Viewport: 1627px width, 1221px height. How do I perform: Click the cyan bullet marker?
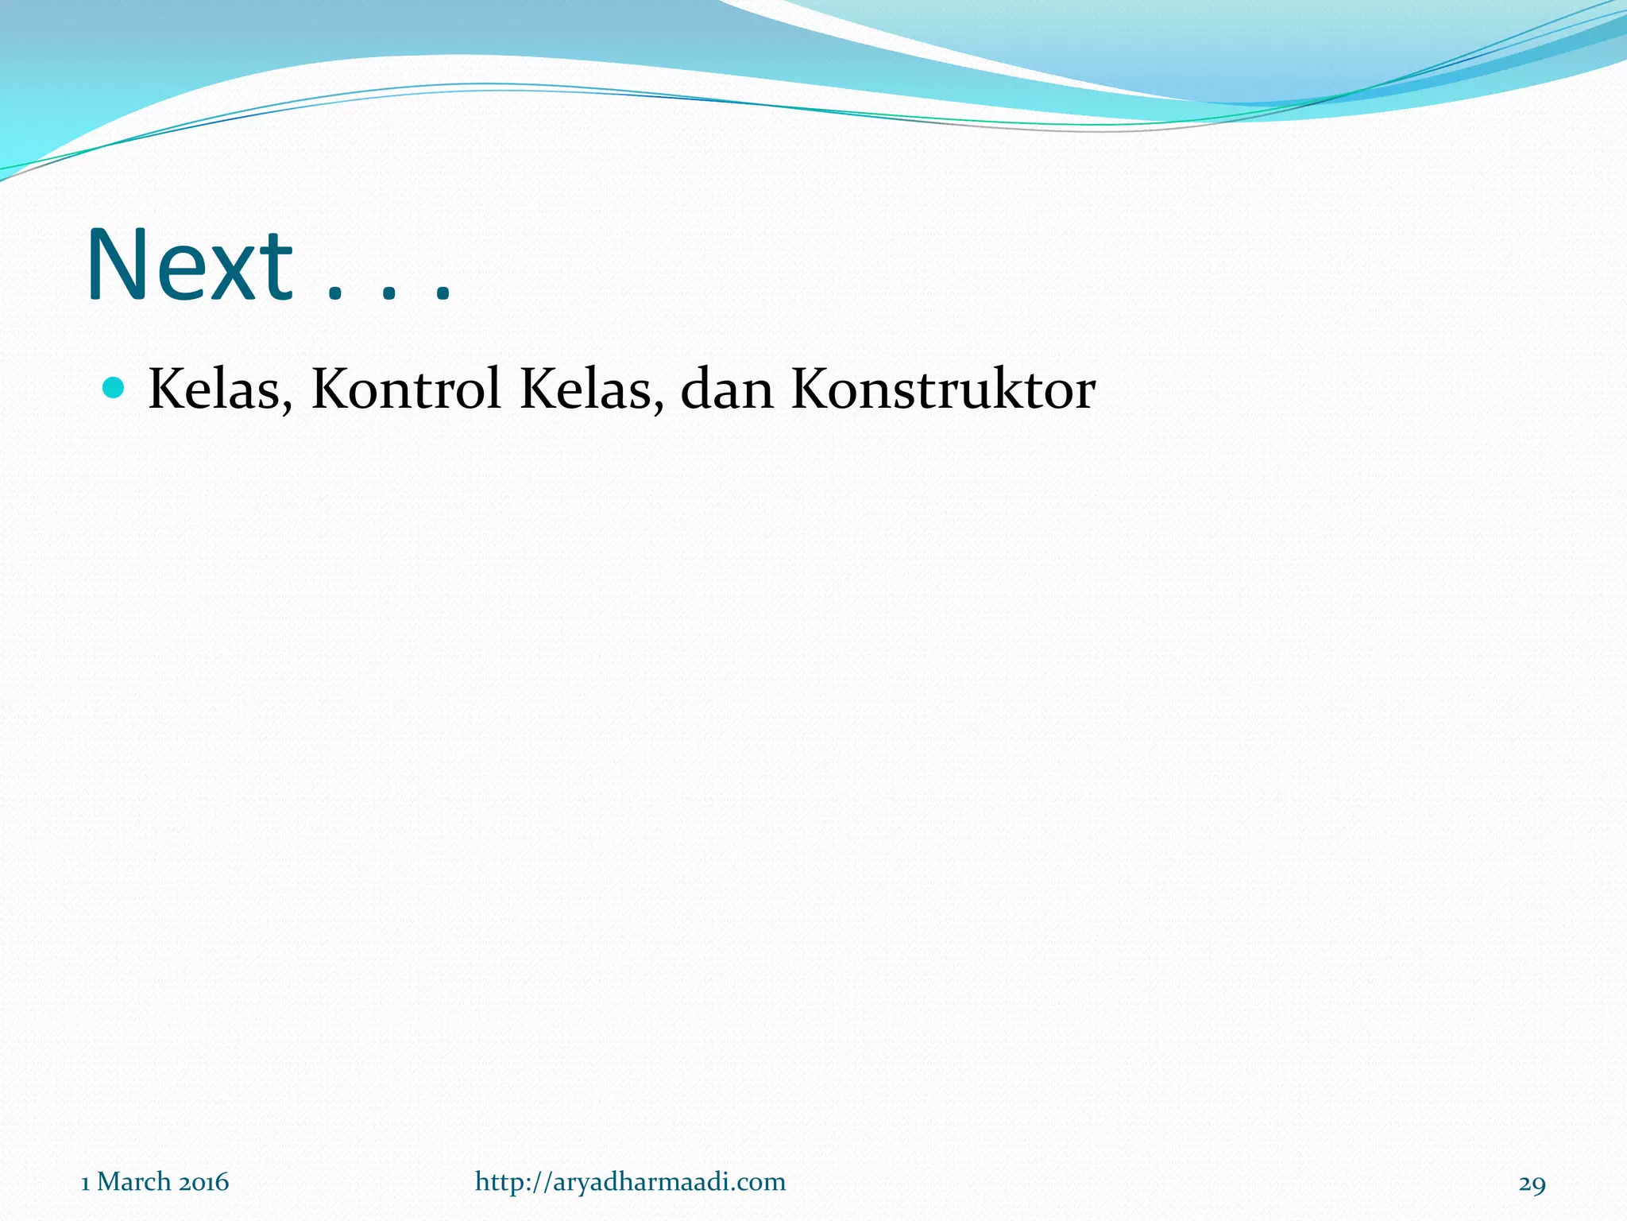point(114,388)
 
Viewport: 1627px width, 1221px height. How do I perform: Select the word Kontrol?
point(406,390)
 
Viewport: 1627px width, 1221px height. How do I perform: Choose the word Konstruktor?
point(943,390)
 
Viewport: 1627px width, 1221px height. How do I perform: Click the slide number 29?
point(1532,1184)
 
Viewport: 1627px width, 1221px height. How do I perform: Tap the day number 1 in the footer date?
point(86,1183)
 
